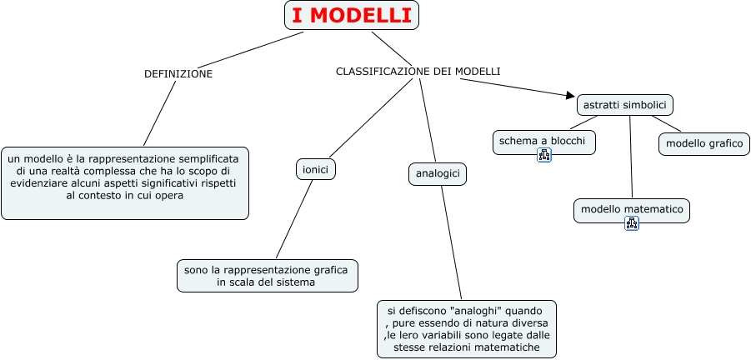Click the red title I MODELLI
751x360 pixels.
352,15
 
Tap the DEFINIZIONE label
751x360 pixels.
178,73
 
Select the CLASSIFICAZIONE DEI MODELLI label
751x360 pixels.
418,71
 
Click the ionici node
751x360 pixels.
315,169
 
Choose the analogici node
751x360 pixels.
438,174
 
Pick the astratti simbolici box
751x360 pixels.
625,105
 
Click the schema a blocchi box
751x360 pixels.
544,142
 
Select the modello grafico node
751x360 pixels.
704,143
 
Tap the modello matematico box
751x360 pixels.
632,209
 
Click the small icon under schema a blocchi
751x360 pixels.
544,154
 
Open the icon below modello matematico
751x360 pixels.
632,222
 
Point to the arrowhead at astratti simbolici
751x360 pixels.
570,96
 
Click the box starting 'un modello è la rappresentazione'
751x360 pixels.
125,182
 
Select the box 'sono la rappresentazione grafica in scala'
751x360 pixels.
268,276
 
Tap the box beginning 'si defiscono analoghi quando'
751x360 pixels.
467,329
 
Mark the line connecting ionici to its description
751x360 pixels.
294,218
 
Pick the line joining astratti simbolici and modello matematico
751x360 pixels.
631,157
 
